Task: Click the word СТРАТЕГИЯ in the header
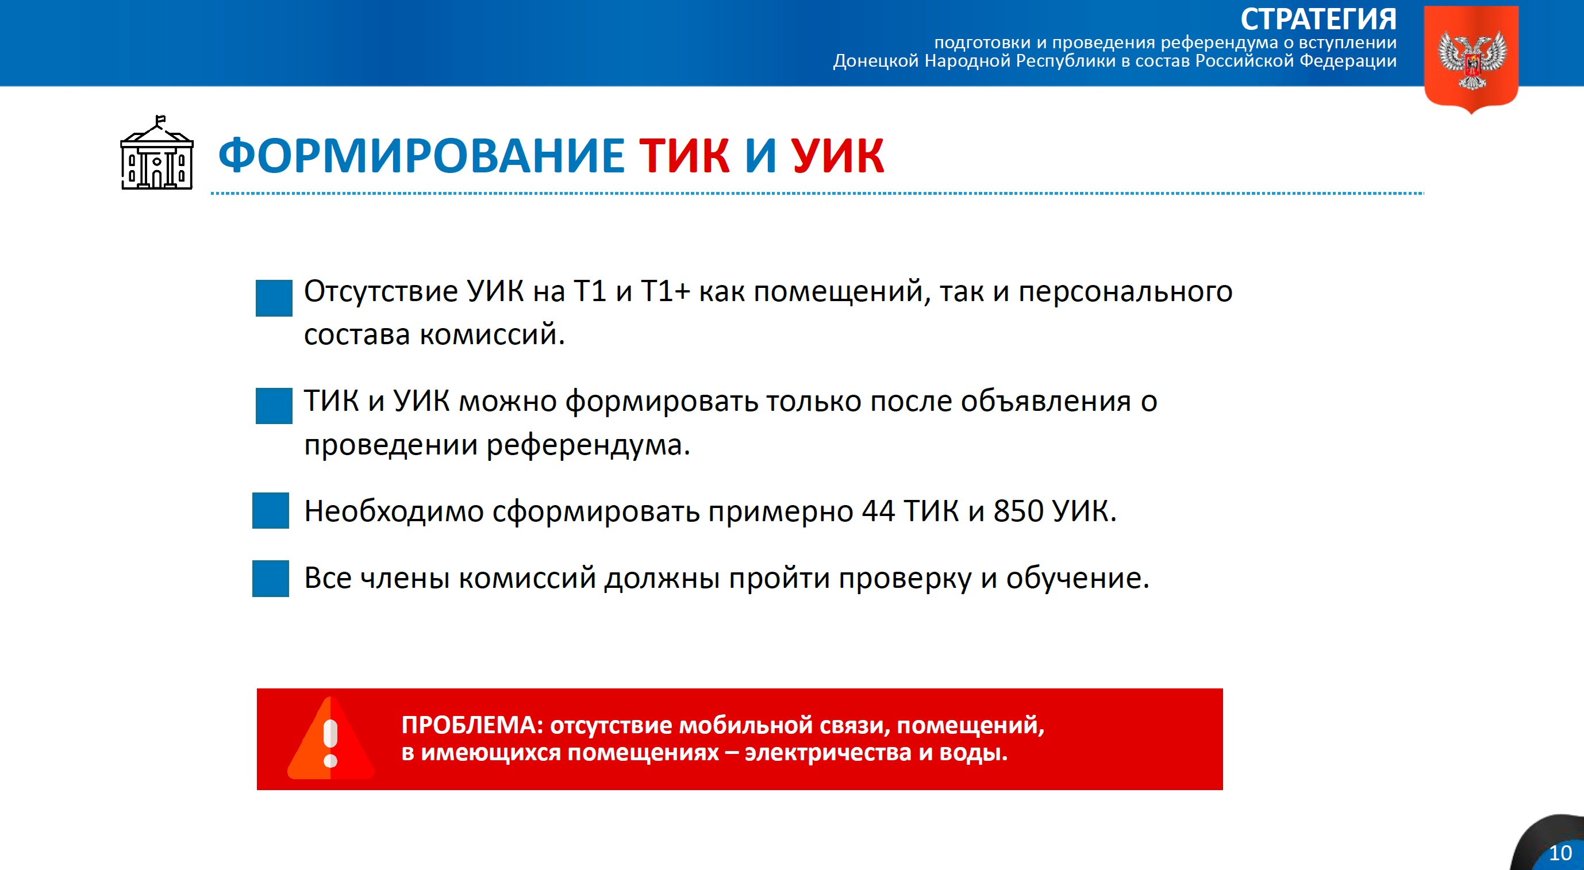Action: coord(1318,19)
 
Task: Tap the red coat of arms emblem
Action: coord(1471,59)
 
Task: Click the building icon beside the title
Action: coord(157,153)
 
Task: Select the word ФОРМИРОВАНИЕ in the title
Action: coord(422,156)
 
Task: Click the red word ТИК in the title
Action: coord(685,156)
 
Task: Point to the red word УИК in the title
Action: coord(837,156)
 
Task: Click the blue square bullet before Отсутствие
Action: coord(274,298)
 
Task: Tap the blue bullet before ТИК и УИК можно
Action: coord(274,406)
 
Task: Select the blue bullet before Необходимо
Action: coord(271,510)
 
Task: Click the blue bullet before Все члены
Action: coord(271,578)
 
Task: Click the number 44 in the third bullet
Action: coord(878,511)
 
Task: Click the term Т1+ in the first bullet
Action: coord(666,291)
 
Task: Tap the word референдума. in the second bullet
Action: coord(589,445)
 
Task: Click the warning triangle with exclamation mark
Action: coord(330,740)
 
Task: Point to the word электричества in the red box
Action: coord(828,753)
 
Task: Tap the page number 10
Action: coord(1560,853)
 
